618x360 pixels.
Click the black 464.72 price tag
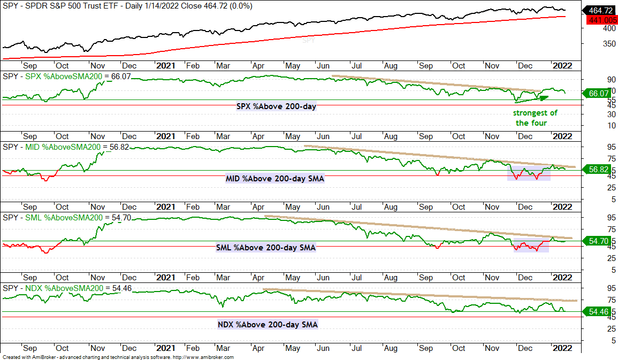tap(600, 11)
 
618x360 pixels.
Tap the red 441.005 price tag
tap(602, 20)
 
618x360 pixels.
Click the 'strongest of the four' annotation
tap(535, 118)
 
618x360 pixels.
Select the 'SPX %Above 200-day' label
tap(276, 106)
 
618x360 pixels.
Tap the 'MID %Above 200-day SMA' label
tap(274, 179)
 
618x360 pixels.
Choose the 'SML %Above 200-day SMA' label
tap(265, 248)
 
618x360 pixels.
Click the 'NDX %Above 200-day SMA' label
tap(268, 325)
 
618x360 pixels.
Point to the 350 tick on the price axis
tap(609, 44)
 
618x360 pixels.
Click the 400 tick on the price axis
tap(609, 28)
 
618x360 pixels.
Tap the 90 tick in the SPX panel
tap(611, 80)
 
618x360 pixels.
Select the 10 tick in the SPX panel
tap(611, 126)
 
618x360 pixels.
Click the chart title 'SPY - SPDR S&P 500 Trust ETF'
tap(61, 6)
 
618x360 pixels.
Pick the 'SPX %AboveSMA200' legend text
tap(64, 76)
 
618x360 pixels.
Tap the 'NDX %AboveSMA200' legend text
tap(64, 288)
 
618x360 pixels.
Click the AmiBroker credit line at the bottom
tap(118, 357)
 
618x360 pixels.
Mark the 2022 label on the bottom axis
tap(562, 348)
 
